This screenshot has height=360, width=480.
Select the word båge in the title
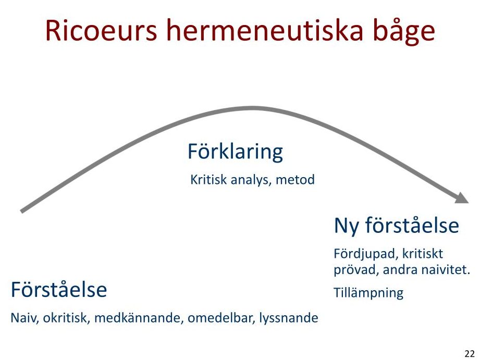pos(404,32)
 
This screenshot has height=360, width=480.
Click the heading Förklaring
pos(235,152)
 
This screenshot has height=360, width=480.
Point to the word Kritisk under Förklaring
pos(209,179)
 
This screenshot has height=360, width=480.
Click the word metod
pos(295,179)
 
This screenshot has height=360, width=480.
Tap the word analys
pos(251,180)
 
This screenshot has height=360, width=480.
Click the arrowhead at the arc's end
pos(462,197)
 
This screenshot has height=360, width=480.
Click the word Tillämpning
pos(368,293)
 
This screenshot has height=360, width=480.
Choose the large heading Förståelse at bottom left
pos(59,289)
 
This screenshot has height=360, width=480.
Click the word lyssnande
pos(288,319)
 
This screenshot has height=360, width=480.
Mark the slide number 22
pos(469,354)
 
